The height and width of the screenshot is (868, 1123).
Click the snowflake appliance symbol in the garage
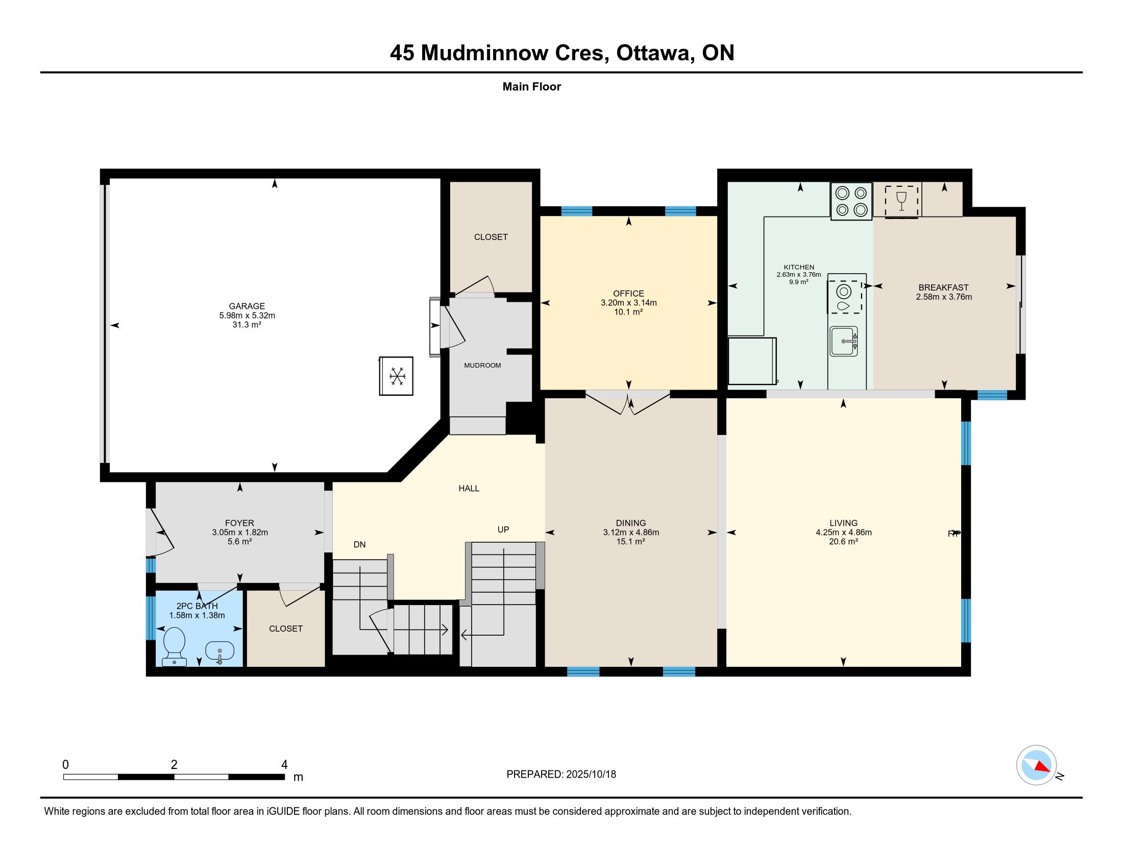point(396,376)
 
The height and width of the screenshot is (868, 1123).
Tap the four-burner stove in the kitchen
point(851,201)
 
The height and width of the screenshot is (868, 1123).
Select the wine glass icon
point(901,201)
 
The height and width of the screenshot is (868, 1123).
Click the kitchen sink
point(843,341)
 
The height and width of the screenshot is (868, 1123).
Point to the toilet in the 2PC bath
point(174,646)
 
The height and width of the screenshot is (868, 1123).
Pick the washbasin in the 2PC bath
point(219,652)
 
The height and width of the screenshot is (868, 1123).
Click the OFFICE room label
point(628,294)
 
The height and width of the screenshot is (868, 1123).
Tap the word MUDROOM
point(482,365)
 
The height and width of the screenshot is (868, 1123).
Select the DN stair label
point(359,545)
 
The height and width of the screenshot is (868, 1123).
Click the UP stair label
point(503,529)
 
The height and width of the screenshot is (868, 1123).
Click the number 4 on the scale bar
point(284,764)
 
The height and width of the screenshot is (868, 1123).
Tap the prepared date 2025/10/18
point(591,774)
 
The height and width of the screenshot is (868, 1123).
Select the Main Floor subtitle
point(532,86)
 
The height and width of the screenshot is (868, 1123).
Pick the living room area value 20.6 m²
point(843,541)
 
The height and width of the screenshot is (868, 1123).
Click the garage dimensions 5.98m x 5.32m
point(247,315)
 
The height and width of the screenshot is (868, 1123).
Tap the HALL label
point(469,488)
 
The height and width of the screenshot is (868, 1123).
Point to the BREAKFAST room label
point(943,287)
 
